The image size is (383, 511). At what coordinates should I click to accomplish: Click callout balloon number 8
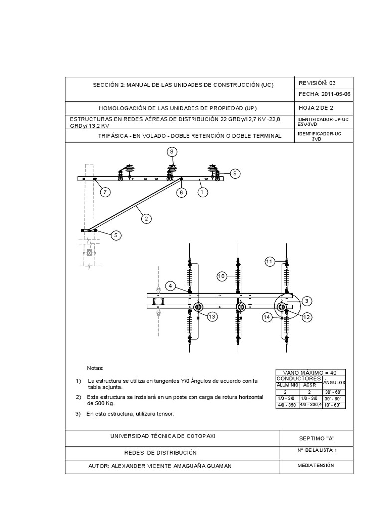pos(172,151)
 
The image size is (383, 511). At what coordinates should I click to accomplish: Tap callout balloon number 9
pos(234,173)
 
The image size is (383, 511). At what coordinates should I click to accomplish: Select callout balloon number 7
pos(105,191)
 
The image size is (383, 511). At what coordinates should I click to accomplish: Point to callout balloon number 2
pos(146,218)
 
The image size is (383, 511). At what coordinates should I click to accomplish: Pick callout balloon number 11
pos(270,261)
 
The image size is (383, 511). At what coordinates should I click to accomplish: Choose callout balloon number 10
pos(222,276)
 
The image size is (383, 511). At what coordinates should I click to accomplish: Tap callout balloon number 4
pos(171,286)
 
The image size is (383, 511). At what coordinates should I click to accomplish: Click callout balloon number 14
pos(267,317)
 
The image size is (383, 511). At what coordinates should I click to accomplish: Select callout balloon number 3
pos(307,300)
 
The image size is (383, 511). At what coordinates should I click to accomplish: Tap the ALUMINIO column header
pos(287,385)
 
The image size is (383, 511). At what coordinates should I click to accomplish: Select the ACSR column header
pos(310,385)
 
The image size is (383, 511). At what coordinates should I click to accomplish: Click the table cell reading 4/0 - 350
pos(287,405)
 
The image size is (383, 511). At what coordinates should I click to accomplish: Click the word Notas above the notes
pos(94,368)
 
